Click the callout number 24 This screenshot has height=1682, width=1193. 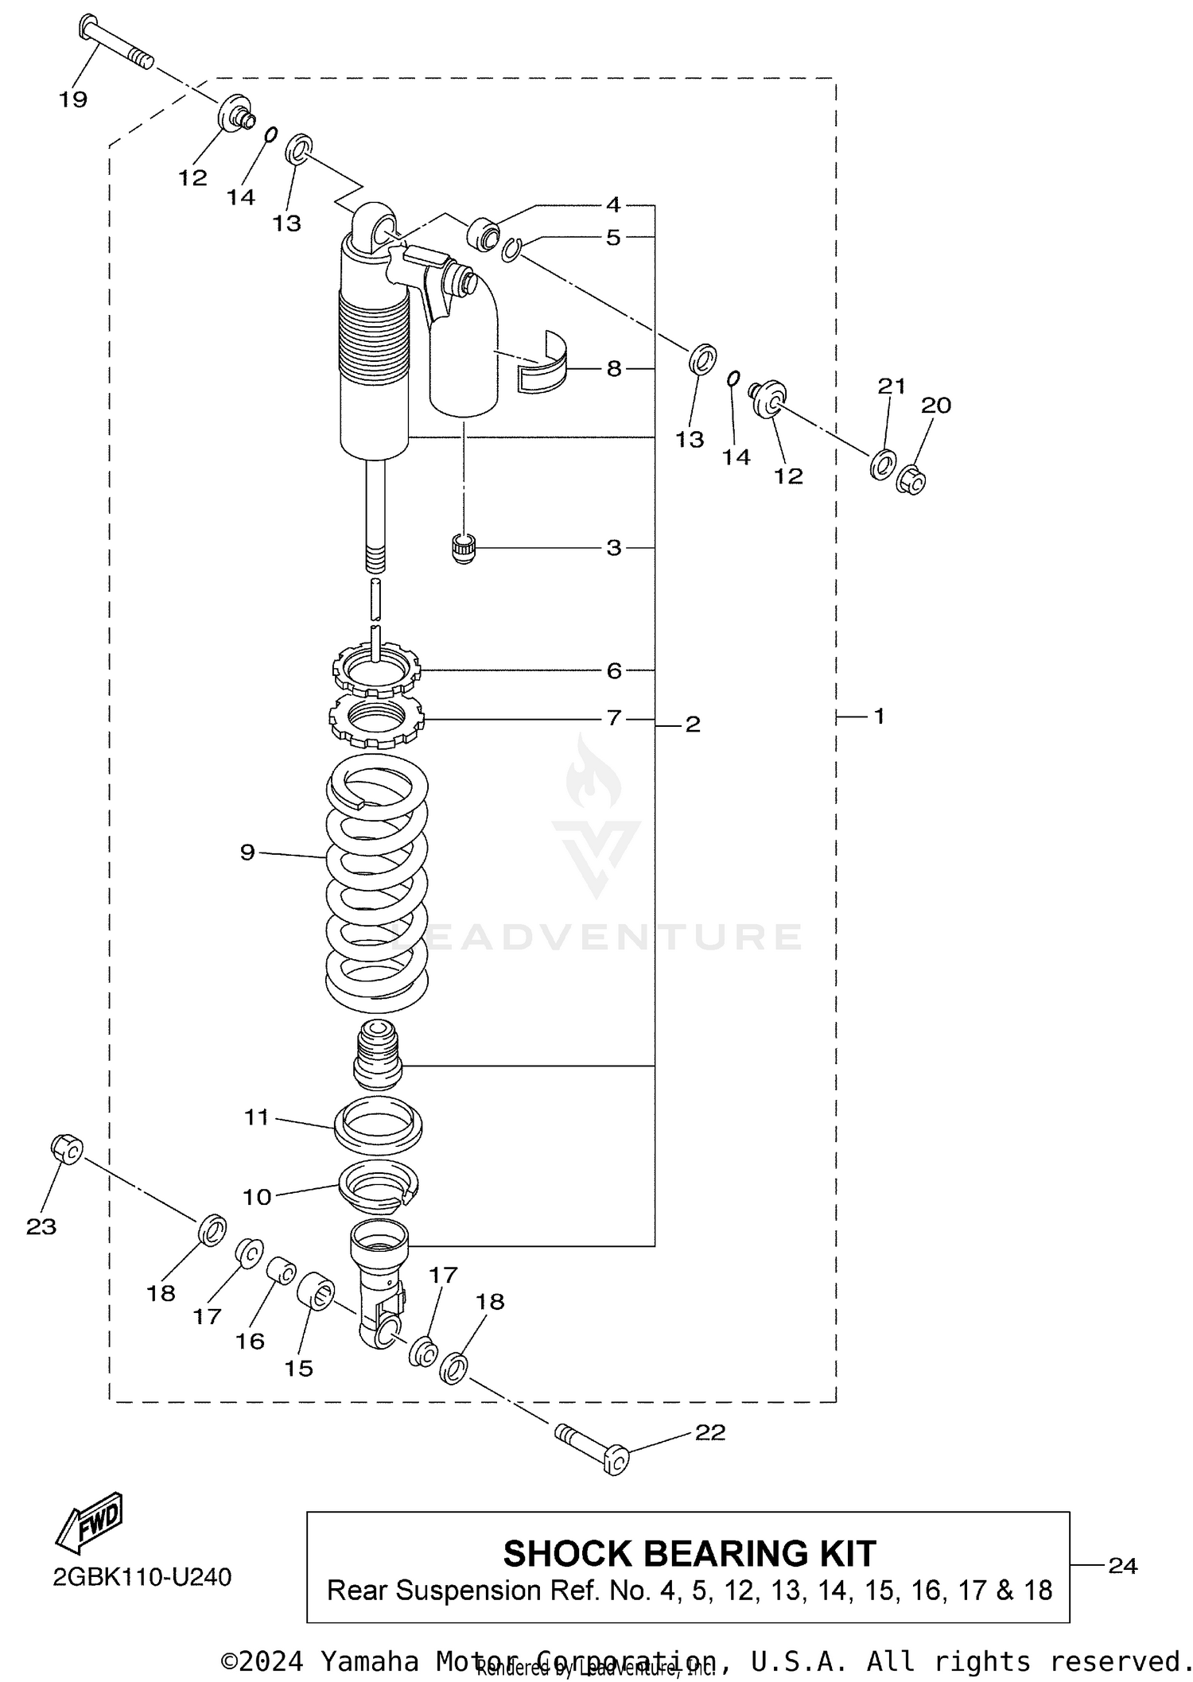pyautogui.click(x=1122, y=1565)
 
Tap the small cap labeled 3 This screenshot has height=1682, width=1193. pyautogui.click(x=463, y=549)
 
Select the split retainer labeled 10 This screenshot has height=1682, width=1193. pyautogui.click(x=379, y=1187)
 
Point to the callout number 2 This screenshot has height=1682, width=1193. pyautogui.click(x=692, y=724)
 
